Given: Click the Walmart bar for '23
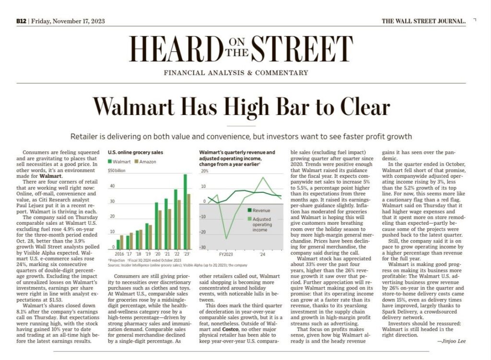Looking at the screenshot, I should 185,211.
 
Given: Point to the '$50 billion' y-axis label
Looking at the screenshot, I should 117,170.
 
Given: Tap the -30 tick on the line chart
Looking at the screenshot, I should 203,247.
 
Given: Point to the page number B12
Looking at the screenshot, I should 21,21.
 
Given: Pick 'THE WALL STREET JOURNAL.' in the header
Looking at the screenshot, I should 423,21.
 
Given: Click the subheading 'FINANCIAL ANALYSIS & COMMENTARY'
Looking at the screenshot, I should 236,73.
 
